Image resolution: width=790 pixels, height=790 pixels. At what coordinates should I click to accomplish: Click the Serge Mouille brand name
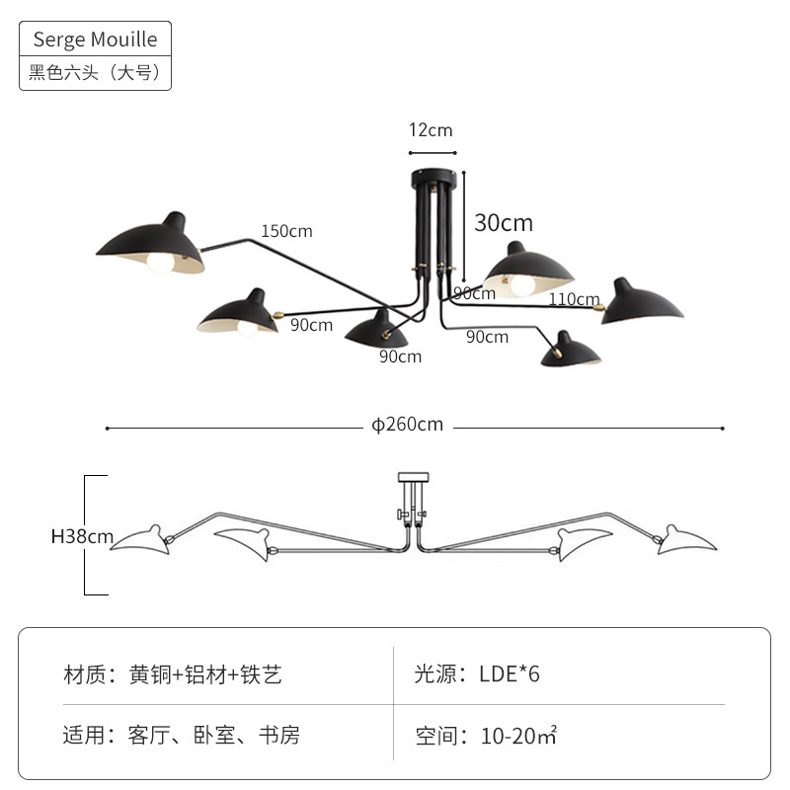click(95, 39)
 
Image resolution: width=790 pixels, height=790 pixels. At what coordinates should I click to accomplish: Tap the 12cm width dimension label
click(431, 130)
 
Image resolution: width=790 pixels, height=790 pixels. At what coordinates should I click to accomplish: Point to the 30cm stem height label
click(504, 223)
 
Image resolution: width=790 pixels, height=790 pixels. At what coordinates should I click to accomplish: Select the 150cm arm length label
click(286, 231)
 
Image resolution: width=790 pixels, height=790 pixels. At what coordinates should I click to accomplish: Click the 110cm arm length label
click(574, 299)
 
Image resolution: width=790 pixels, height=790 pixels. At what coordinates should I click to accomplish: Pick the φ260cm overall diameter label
click(407, 425)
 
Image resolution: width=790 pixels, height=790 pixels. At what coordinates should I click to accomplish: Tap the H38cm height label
click(82, 536)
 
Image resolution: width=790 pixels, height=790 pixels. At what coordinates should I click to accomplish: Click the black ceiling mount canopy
click(434, 178)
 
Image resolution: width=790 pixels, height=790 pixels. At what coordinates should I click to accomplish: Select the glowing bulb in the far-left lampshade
click(160, 263)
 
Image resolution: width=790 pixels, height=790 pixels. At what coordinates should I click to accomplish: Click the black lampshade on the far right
click(641, 303)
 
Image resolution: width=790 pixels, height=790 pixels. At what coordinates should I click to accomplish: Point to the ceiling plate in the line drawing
click(413, 477)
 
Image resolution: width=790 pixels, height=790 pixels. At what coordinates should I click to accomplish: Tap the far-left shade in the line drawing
click(142, 540)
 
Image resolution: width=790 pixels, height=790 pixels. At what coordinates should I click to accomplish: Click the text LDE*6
click(510, 674)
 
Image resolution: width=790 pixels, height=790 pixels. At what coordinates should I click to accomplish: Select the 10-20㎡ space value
click(519, 736)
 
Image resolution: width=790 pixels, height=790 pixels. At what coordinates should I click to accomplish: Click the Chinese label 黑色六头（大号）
click(95, 72)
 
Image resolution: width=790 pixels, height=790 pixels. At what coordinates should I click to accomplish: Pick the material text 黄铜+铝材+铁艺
click(205, 674)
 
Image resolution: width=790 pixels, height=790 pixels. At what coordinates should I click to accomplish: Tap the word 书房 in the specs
click(279, 735)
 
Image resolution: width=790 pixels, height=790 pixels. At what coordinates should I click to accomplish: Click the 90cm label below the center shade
click(401, 356)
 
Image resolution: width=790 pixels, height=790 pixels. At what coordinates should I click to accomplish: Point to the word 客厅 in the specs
click(149, 735)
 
